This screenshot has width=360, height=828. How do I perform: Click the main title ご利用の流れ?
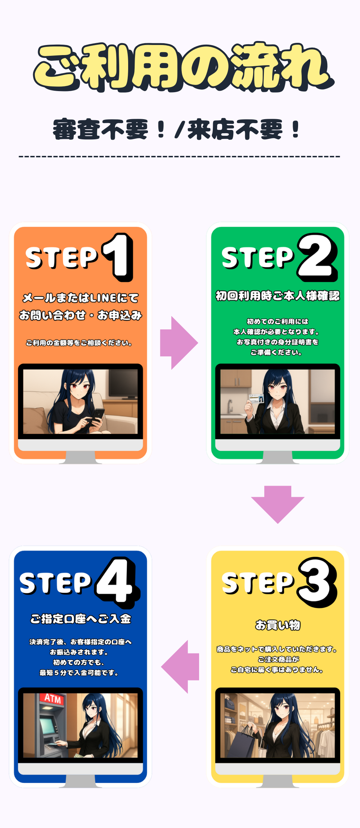(184, 67)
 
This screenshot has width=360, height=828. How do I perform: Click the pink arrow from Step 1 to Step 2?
(179, 343)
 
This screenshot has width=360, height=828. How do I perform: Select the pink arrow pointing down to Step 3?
(278, 504)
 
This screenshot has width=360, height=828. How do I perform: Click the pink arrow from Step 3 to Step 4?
(180, 667)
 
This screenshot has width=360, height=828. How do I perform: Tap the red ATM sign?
(53, 699)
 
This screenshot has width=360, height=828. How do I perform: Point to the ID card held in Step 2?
(256, 399)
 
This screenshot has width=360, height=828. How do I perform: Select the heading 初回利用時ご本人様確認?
(278, 296)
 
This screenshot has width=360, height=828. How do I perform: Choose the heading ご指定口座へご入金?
(81, 619)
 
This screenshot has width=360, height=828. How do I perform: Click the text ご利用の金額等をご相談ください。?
(79, 343)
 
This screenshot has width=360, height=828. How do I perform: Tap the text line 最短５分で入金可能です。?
(79, 672)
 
